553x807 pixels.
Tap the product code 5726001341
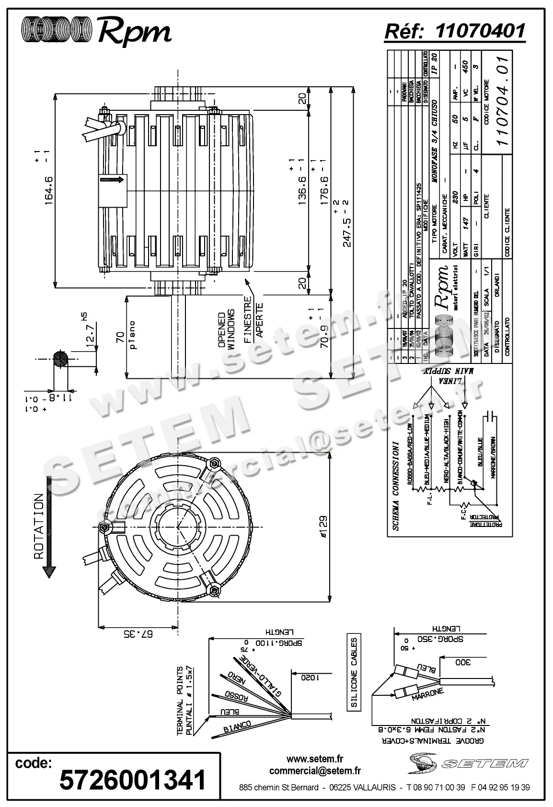(132, 779)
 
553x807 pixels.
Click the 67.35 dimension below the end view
(138, 634)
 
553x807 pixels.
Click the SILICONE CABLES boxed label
(354, 672)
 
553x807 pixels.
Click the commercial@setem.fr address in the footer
(315, 771)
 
